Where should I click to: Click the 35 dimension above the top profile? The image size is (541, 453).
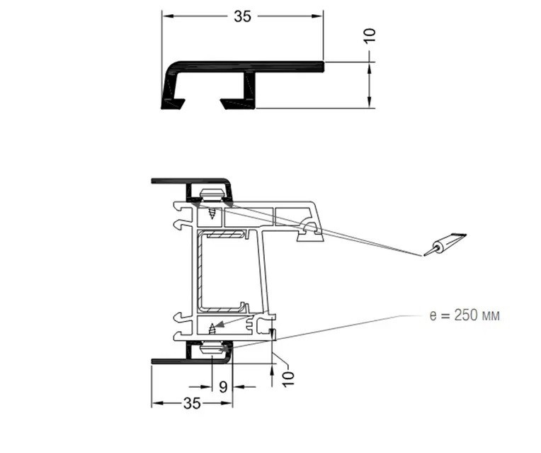point(243,16)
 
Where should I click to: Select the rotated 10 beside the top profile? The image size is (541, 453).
point(370,36)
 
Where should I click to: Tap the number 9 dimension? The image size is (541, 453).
point(223,387)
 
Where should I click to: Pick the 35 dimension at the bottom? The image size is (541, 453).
point(192,403)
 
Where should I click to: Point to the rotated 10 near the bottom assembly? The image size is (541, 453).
point(288,379)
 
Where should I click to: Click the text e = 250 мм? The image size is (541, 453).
point(465,315)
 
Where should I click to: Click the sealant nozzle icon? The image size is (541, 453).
point(445,245)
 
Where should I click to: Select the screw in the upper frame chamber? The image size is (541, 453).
point(212,213)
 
